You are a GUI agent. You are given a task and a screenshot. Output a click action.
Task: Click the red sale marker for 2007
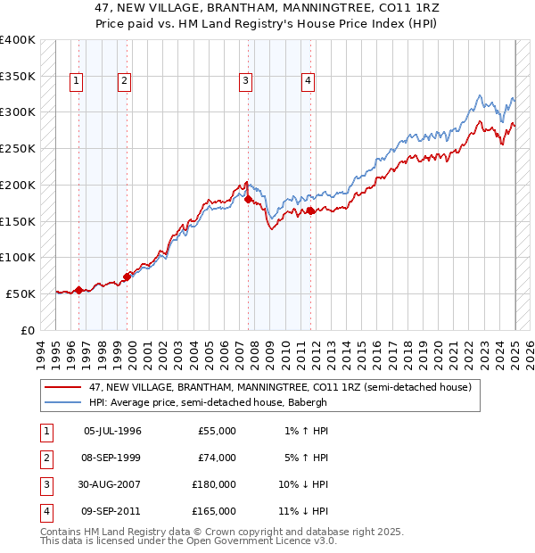click(x=248, y=199)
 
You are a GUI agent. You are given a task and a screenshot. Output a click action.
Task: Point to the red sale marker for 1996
click(x=78, y=289)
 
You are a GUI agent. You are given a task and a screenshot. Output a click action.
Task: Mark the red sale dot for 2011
click(x=311, y=210)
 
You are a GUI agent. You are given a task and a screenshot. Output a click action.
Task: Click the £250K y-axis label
click(x=18, y=149)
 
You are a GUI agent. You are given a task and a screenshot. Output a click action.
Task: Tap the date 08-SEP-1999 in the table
click(x=111, y=458)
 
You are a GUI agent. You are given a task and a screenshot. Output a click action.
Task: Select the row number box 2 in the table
click(x=45, y=458)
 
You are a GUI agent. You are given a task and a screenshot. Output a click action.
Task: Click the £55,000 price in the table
click(x=217, y=431)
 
